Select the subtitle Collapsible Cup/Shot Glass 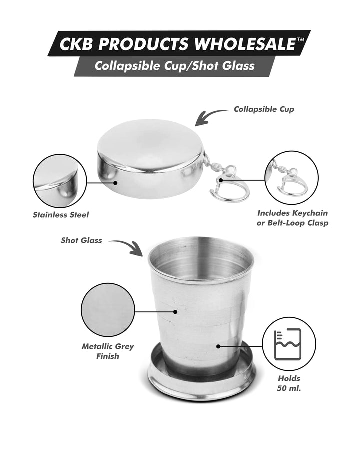(168, 65)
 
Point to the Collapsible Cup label (264, 109)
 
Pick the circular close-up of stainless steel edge (56, 180)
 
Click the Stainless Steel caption (61, 215)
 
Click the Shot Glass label (81, 240)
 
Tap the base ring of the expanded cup (202, 385)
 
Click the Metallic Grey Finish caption (108, 351)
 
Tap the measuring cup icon (289, 344)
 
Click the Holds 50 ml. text (288, 383)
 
